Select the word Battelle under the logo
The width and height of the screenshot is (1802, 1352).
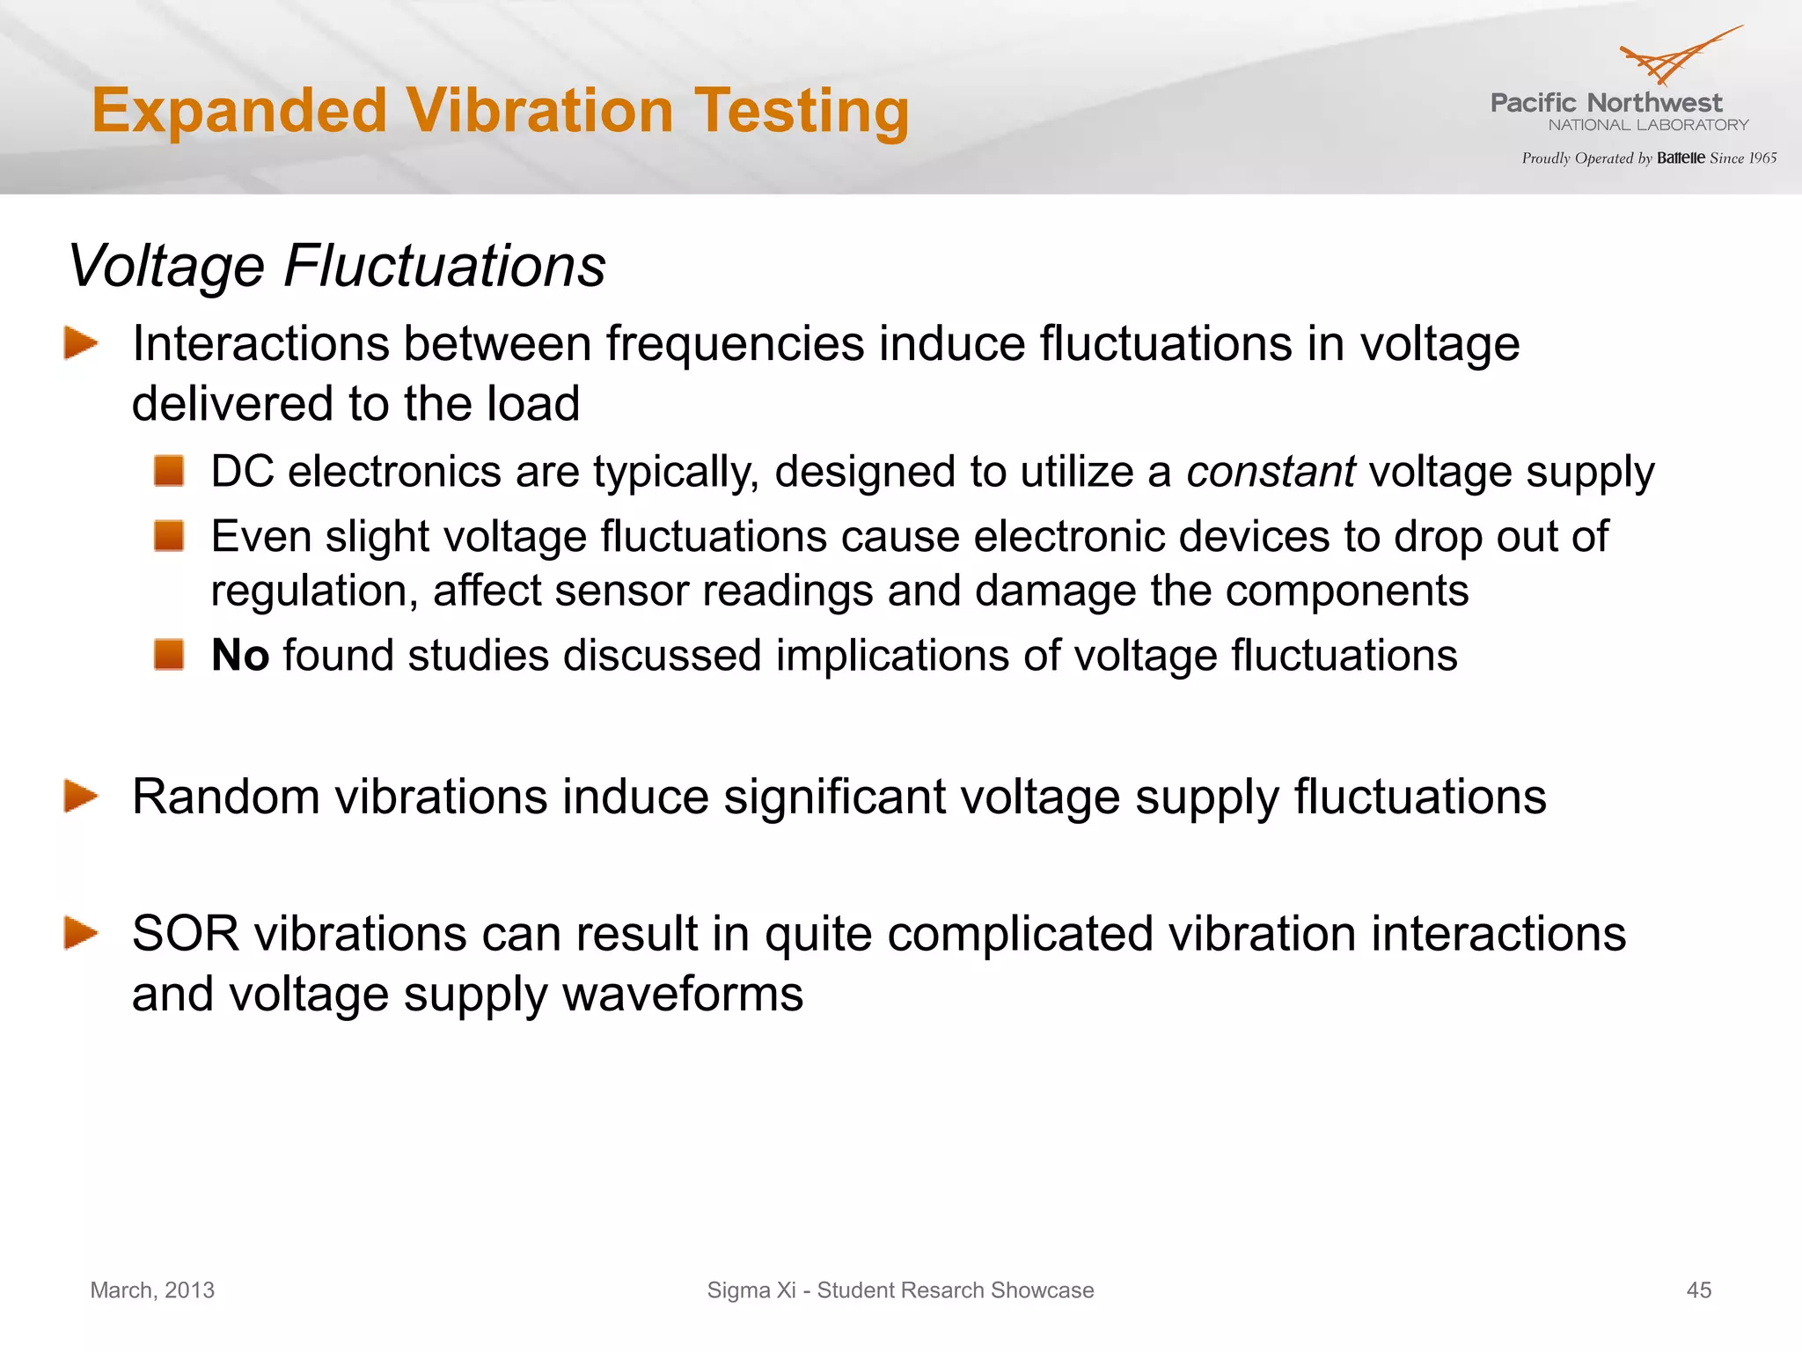(1681, 158)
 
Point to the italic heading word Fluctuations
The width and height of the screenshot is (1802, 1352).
(444, 266)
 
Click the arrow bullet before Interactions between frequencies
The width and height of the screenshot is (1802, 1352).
(81, 343)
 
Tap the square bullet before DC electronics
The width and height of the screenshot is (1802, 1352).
(169, 471)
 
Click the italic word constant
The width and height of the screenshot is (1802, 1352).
(1271, 472)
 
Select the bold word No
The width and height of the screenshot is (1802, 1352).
(240, 656)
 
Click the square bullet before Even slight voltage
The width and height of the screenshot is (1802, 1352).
(169, 535)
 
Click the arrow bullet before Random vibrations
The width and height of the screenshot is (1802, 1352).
(81, 797)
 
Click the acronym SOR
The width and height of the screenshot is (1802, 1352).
(186, 934)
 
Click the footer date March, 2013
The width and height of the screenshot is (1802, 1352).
(152, 1290)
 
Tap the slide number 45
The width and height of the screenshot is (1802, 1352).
(1698, 1290)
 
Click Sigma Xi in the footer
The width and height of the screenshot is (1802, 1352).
(751, 1290)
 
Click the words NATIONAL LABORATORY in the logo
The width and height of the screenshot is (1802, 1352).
(1648, 125)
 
